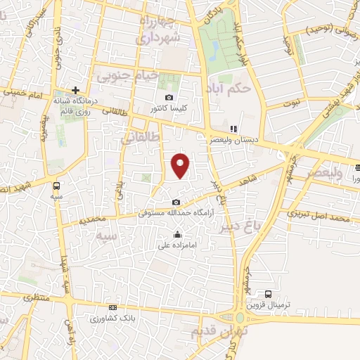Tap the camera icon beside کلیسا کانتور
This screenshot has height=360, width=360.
[x=169, y=98]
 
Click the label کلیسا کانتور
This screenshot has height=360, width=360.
[x=168, y=110]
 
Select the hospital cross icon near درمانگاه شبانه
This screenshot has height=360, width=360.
[x=75, y=90]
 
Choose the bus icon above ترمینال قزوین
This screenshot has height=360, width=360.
[x=268, y=294]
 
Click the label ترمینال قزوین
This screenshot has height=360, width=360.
[x=268, y=305]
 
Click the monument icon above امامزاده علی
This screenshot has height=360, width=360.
[x=176, y=235]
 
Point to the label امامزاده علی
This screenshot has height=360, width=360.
[x=176, y=245]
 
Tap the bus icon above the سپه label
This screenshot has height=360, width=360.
[x=56, y=186]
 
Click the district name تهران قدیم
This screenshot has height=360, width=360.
[x=210, y=331]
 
